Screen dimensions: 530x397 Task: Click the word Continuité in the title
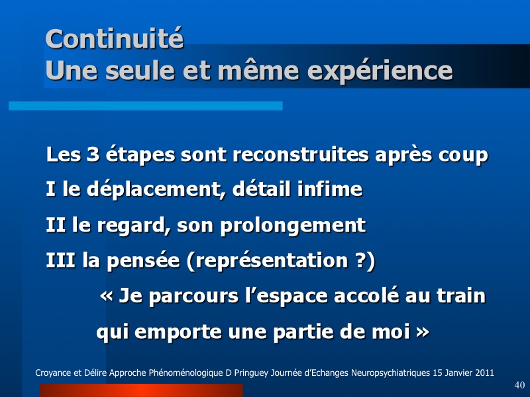[115, 38]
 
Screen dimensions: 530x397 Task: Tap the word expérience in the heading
[380, 71]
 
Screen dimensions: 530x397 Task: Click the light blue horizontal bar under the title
[146, 106]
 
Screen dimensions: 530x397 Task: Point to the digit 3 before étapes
[93, 155]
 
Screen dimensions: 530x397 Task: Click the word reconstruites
[301, 155]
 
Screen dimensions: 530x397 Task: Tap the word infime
[330, 189]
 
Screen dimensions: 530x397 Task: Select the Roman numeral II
[56, 225]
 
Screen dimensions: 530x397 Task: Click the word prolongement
[293, 226]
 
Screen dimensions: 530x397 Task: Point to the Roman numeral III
[60, 260]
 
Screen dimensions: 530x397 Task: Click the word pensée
[143, 261]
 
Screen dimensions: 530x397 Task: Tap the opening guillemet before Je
[107, 296]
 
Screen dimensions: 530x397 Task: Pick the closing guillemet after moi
[423, 332]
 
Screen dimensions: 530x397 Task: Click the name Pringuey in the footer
[251, 373]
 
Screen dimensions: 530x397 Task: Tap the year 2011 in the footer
[484, 373]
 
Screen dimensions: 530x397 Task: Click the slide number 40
[519, 385]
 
